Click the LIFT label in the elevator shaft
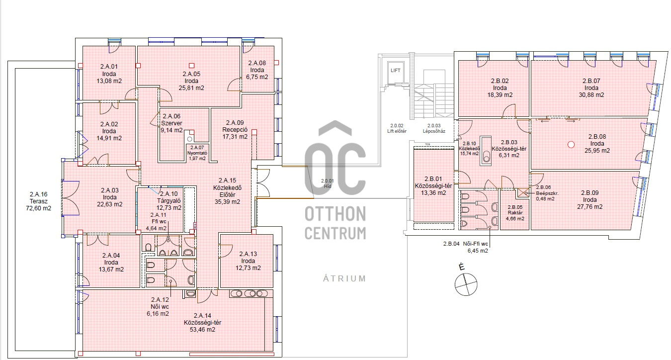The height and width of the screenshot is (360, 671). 396,71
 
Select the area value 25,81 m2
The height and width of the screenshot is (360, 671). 191,88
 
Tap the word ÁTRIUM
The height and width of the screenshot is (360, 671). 344,279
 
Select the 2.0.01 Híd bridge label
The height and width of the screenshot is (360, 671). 328,183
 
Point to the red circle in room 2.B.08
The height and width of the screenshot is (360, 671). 571,145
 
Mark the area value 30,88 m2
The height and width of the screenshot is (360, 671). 591,94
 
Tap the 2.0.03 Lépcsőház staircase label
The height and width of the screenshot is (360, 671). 434,128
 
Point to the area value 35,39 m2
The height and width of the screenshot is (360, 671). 227,202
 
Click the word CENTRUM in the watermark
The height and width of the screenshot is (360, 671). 335,233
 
